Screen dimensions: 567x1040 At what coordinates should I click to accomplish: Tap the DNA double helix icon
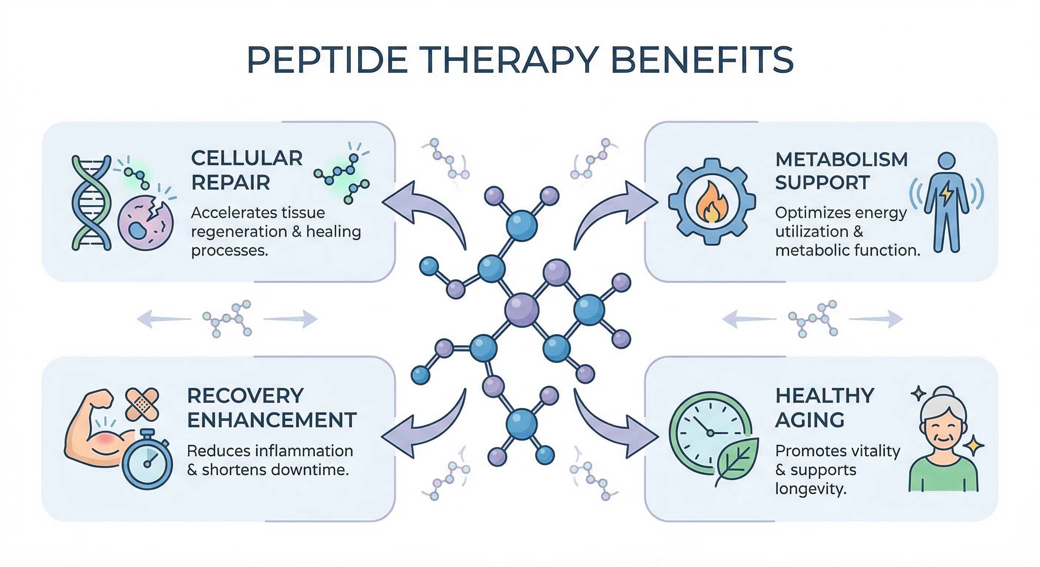click(91, 203)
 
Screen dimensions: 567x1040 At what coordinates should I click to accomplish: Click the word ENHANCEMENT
click(272, 420)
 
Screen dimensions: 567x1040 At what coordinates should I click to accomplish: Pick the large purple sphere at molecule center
click(521, 310)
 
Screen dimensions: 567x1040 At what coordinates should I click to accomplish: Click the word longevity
click(810, 489)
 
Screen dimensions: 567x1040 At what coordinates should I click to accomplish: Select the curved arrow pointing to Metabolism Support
click(614, 212)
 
